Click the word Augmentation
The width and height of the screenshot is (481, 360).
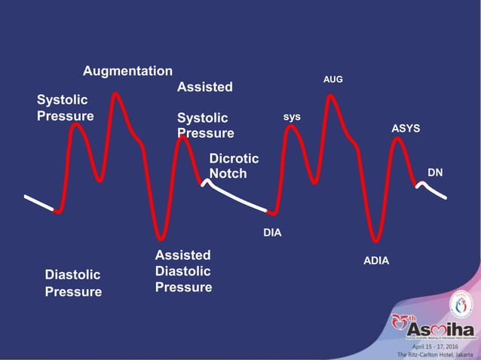click(x=127, y=71)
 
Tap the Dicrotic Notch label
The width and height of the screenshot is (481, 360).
click(x=234, y=166)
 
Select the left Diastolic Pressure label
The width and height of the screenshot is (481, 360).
click(x=72, y=283)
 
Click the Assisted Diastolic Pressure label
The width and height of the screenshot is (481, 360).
click(x=183, y=271)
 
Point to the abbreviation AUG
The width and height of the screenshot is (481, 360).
click(x=333, y=78)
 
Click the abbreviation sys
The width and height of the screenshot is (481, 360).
click(x=292, y=117)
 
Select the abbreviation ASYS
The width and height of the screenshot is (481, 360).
click(x=406, y=129)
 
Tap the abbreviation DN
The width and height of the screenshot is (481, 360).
click(x=435, y=172)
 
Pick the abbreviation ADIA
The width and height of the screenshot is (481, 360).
click(x=376, y=261)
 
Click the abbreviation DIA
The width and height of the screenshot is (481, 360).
click(x=272, y=233)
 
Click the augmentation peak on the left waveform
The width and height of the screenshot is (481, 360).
click(x=115, y=95)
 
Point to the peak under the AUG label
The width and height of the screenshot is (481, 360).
click(x=330, y=96)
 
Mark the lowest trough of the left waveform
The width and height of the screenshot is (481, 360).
click(x=160, y=236)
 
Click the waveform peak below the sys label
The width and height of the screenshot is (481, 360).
click(x=291, y=127)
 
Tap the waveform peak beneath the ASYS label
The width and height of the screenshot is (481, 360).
click(x=397, y=140)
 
